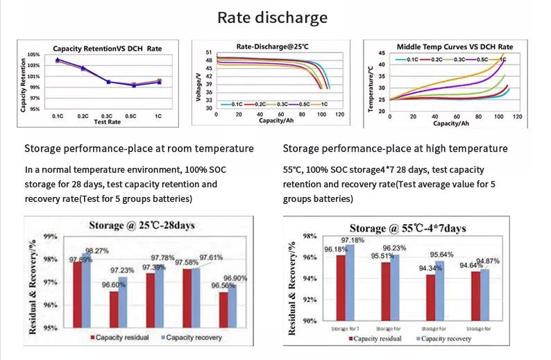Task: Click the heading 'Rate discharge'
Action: pyautogui.click(x=273, y=17)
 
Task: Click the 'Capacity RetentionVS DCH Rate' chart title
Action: pyautogui.click(x=107, y=49)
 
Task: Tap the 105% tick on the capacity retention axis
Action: pyautogui.click(x=34, y=54)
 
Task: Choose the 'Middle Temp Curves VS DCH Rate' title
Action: pyautogui.click(x=450, y=46)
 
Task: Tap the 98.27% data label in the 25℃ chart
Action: pyautogui.click(x=96, y=251)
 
